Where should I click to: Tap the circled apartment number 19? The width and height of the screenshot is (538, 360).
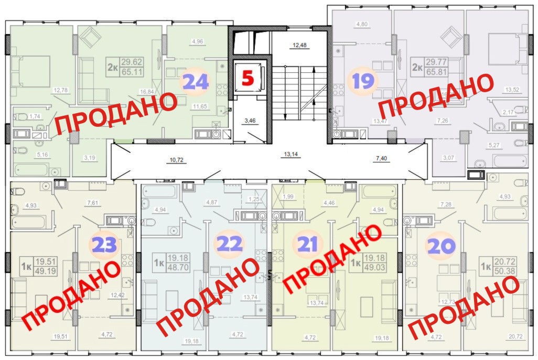(363, 82)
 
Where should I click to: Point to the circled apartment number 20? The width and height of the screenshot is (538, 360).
(440, 245)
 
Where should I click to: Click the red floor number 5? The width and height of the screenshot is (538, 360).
(248, 79)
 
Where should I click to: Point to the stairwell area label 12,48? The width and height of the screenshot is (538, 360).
(299, 45)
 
